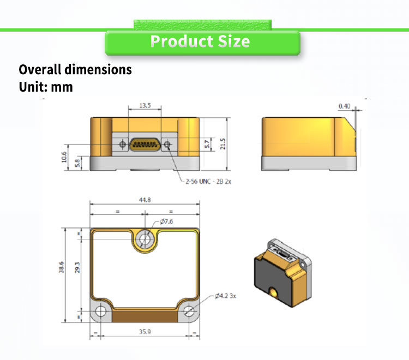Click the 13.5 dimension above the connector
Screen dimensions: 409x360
coord(145,105)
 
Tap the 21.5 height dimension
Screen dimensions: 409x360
coord(222,144)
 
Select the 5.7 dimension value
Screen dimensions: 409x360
coord(207,144)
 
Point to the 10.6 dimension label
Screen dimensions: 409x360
coord(64,157)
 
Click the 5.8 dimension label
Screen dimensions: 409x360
coord(77,163)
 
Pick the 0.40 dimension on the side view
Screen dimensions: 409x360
coord(344,106)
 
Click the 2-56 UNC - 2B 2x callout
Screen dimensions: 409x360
coord(208,181)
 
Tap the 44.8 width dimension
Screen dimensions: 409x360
coord(145,200)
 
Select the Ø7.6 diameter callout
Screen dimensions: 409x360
coord(166,221)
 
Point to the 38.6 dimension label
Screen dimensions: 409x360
coord(61,267)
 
